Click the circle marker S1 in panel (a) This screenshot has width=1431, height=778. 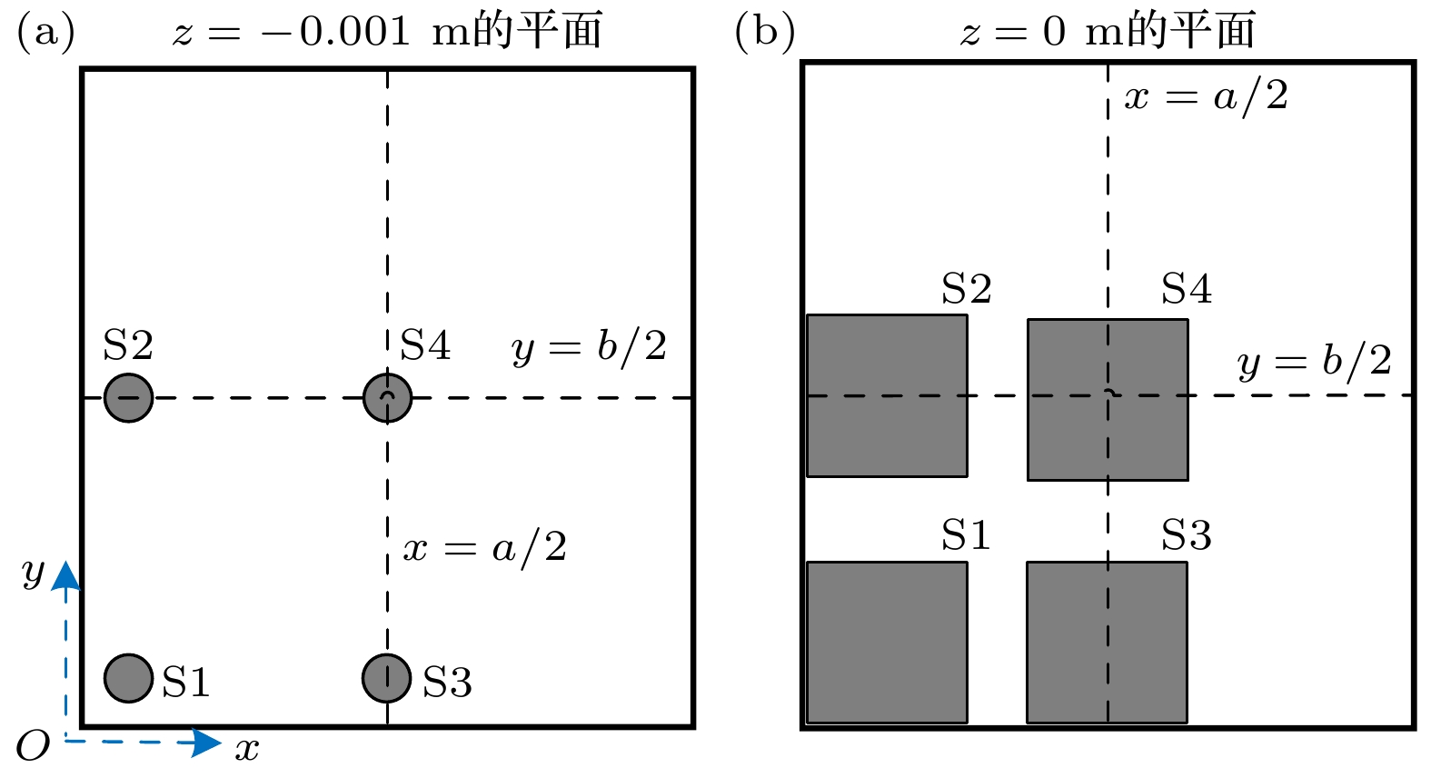(x=128, y=678)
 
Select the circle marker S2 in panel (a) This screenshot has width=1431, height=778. (x=128, y=397)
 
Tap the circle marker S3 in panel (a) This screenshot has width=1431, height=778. (x=386, y=678)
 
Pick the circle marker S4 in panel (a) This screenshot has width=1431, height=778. (x=387, y=397)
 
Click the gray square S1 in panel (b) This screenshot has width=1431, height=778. (x=888, y=643)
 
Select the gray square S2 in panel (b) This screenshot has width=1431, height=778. (x=888, y=395)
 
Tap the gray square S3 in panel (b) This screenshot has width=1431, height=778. (x=1108, y=643)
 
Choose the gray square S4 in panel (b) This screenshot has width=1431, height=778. (x=1108, y=400)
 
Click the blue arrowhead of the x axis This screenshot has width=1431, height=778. (x=208, y=743)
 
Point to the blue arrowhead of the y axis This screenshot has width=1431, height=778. (x=65, y=575)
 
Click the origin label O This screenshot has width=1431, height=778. (x=33, y=745)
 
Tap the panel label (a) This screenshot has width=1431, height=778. (x=46, y=32)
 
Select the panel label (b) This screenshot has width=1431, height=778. (x=765, y=32)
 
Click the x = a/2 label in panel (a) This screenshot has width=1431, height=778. (x=485, y=548)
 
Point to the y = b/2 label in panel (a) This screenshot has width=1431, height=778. (x=589, y=348)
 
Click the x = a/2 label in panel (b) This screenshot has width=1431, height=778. (x=1207, y=97)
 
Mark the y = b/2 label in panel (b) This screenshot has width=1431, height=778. (x=1314, y=361)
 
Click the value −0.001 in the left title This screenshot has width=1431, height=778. (x=335, y=31)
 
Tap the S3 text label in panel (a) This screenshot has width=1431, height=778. (x=447, y=682)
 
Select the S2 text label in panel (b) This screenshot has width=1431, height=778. (x=967, y=288)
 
